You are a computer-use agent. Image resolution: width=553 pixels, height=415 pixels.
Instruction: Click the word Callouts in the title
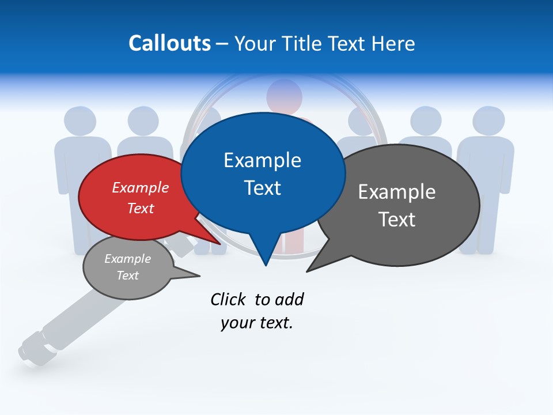pos(169,43)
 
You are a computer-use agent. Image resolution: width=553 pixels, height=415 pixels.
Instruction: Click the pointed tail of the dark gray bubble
pos(314,266)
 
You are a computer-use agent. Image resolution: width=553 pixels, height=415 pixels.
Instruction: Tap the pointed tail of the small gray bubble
pos(193,276)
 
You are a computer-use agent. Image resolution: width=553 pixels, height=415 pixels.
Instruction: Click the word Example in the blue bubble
pos(262,160)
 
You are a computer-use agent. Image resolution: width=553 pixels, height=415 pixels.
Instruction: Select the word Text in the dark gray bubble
pos(397,220)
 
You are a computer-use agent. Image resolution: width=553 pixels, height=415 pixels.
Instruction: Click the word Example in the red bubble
pos(140,188)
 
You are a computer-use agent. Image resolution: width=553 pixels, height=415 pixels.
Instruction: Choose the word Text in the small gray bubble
pos(128,276)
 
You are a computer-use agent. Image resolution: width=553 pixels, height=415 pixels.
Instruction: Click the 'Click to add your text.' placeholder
pos(256,311)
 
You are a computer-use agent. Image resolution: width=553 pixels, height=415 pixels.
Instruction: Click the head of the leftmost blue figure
pos(80,121)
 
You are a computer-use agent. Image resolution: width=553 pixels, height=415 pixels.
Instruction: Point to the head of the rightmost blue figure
pos(488,121)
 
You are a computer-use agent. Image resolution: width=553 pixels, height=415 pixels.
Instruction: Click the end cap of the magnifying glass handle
pos(29,352)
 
